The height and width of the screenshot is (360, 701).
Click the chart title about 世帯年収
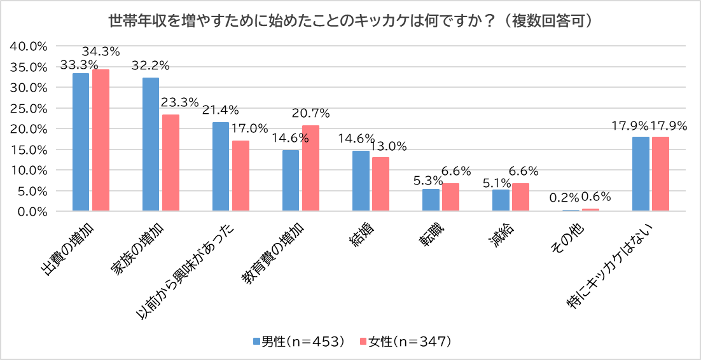[350, 21]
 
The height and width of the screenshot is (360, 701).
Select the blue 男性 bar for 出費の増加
[81, 142]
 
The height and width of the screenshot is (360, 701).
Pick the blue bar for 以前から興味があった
[221, 167]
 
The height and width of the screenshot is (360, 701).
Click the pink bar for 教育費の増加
[310, 168]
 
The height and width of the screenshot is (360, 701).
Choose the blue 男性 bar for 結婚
[361, 181]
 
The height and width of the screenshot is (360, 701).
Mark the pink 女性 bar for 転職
[450, 197]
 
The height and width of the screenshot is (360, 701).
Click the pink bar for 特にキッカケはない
[660, 174]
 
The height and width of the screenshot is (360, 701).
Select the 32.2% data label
[150, 66]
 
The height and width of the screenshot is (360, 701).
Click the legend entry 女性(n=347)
[406, 341]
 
